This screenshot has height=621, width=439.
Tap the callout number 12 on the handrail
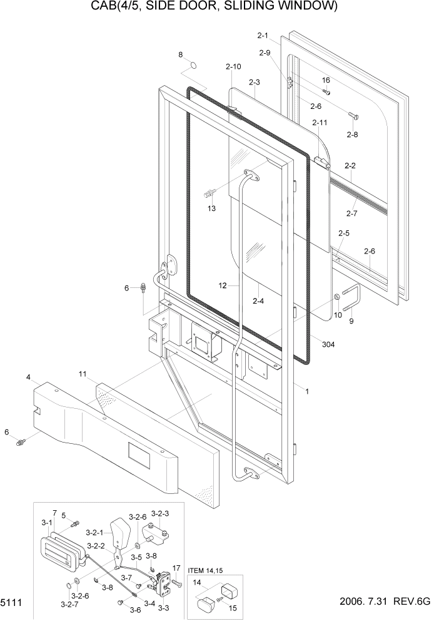point(223,285)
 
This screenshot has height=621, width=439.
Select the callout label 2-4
point(259,301)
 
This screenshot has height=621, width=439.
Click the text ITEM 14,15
point(203,570)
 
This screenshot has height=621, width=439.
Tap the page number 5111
point(12,602)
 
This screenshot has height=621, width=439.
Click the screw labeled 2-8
point(353,116)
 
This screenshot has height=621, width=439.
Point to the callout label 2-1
point(262,36)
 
